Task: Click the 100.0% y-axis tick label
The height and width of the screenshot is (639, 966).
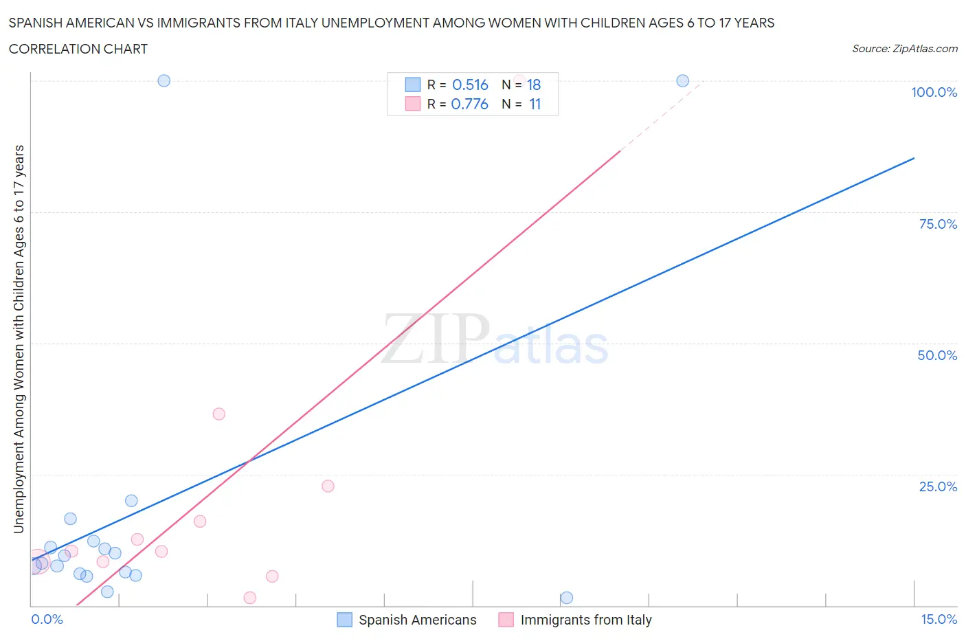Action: pyautogui.click(x=934, y=92)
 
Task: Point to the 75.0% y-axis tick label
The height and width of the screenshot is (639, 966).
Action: pyautogui.click(x=938, y=224)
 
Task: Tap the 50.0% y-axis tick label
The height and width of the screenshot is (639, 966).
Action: pyautogui.click(x=937, y=355)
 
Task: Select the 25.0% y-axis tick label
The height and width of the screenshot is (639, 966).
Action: pyautogui.click(x=938, y=486)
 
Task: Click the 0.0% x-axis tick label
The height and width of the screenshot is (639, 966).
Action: pyautogui.click(x=47, y=619)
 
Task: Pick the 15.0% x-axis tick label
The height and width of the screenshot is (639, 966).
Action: pyautogui.click(x=939, y=619)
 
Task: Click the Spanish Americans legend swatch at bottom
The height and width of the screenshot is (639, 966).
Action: pyautogui.click(x=344, y=620)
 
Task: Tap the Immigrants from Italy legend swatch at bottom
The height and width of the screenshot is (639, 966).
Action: pyautogui.click(x=506, y=620)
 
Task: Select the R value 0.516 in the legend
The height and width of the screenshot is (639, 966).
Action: pyautogui.click(x=470, y=85)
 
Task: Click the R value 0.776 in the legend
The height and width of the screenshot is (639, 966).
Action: pyautogui.click(x=469, y=104)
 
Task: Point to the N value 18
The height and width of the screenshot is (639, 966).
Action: pyautogui.click(x=534, y=85)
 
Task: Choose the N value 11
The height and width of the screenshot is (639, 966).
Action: pyautogui.click(x=535, y=104)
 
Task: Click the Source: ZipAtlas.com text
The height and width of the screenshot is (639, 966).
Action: pyautogui.click(x=904, y=49)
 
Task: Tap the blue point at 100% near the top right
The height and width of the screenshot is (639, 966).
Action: pyautogui.click(x=682, y=80)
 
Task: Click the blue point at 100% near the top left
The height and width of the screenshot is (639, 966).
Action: pyautogui.click(x=164, y=80)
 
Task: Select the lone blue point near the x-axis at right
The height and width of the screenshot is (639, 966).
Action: pyautogui.click(x=567, y=598)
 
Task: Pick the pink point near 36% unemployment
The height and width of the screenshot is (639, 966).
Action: pyautogui.click(x=219, y=414)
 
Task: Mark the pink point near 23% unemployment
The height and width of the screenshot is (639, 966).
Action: pyautogui.click(x=328, y=486)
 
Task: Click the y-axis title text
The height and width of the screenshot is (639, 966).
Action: pyautogui.click(x=19, y=339)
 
